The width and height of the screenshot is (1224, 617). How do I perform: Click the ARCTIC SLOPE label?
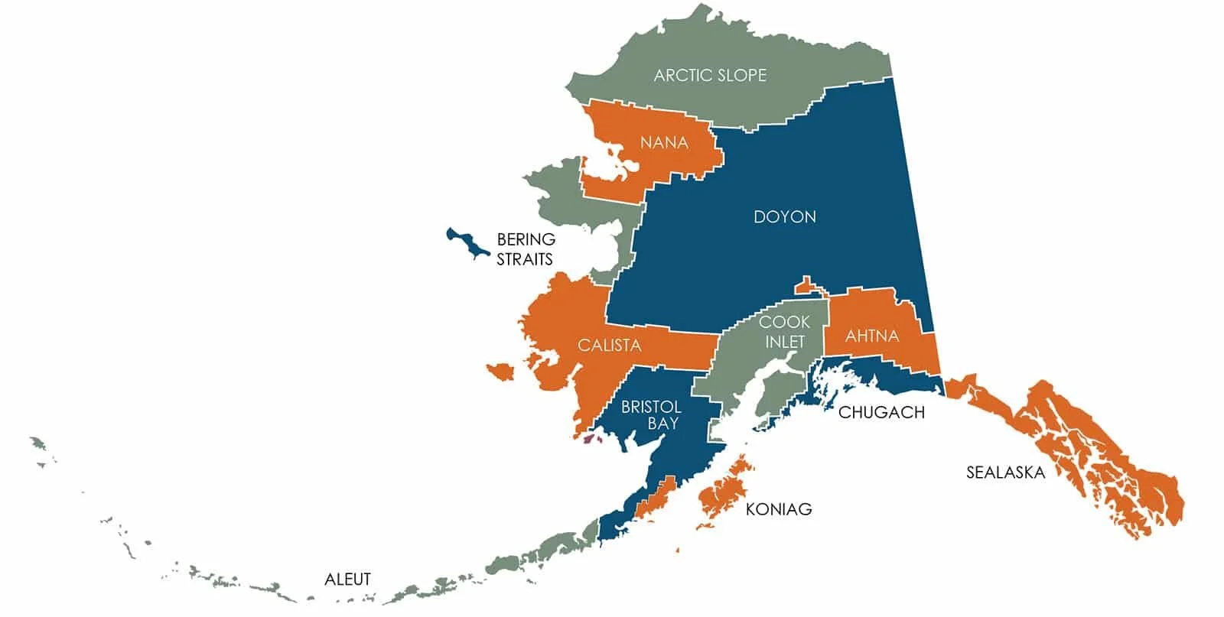(x=709, y=75)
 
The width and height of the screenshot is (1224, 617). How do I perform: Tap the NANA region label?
(x=664, y=143)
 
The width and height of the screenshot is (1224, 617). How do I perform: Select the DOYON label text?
(x=784, y=216)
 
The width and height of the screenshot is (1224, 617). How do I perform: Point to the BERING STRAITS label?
(x=525, y=249)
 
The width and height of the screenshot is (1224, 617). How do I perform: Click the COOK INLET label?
(x=784, y=332)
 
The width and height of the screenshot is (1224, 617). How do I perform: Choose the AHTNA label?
(x=871, y=336)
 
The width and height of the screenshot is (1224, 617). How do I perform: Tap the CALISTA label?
(x=609, y=346)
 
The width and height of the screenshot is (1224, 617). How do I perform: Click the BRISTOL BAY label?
(x=651, y=415)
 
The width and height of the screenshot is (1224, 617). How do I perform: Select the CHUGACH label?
(x=881, y=412)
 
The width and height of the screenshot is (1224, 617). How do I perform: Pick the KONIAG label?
(x=778, y=508)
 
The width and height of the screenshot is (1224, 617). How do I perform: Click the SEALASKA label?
(x=1004, y=472)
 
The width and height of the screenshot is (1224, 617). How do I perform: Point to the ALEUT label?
(x=347, y=579)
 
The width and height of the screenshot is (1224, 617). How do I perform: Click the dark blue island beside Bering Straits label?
(x=467, y=243)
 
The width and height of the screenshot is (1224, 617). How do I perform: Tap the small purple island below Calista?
(x=590, y=439)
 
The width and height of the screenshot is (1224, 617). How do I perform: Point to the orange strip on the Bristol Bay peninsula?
(x=656, y=497)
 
